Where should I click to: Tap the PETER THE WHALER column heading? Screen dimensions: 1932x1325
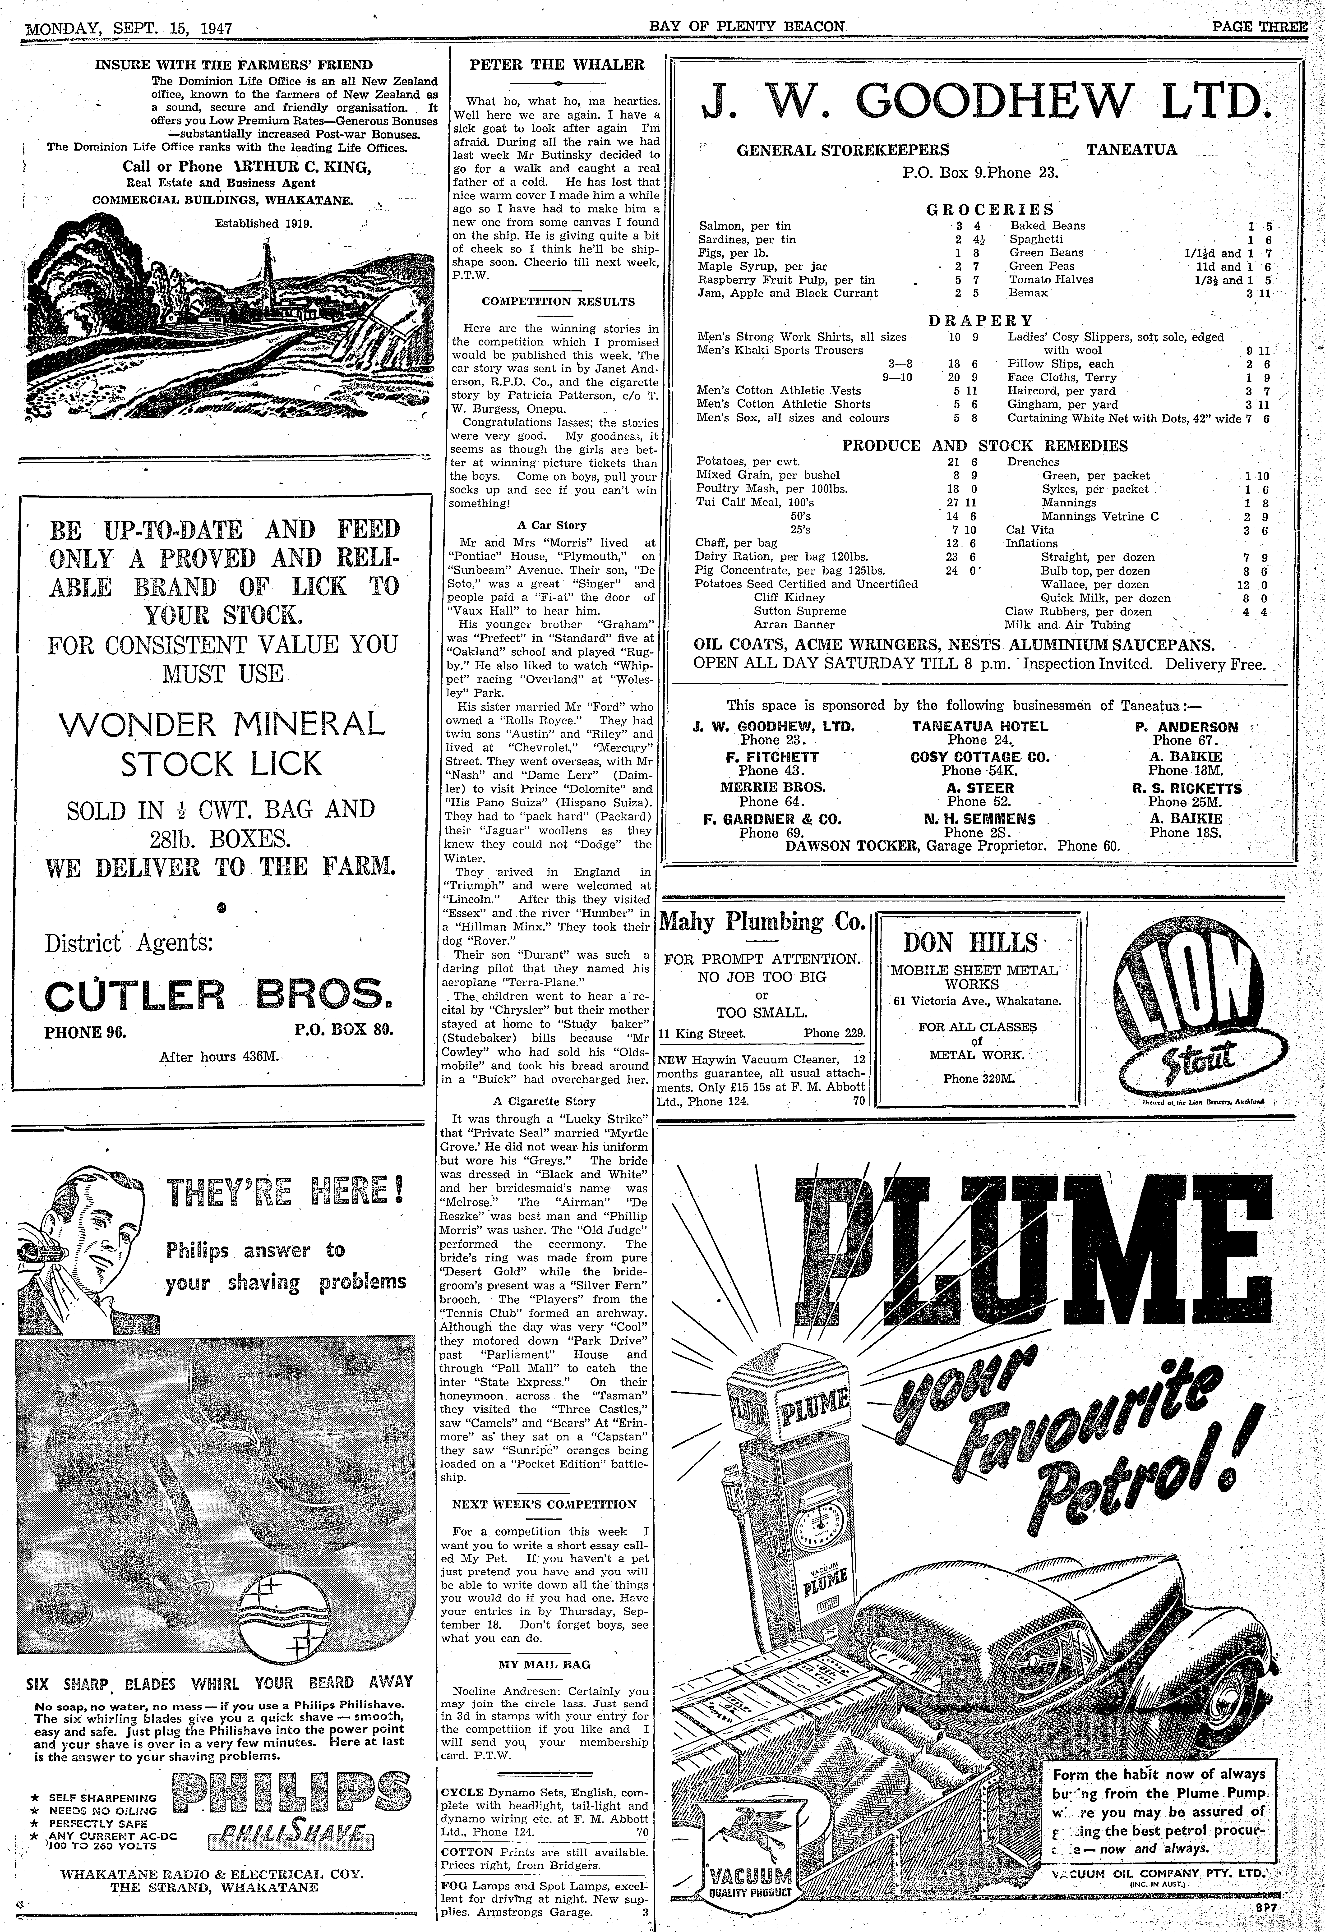coord(557,64)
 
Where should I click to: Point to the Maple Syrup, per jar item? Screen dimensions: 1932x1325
coord(763,266)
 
